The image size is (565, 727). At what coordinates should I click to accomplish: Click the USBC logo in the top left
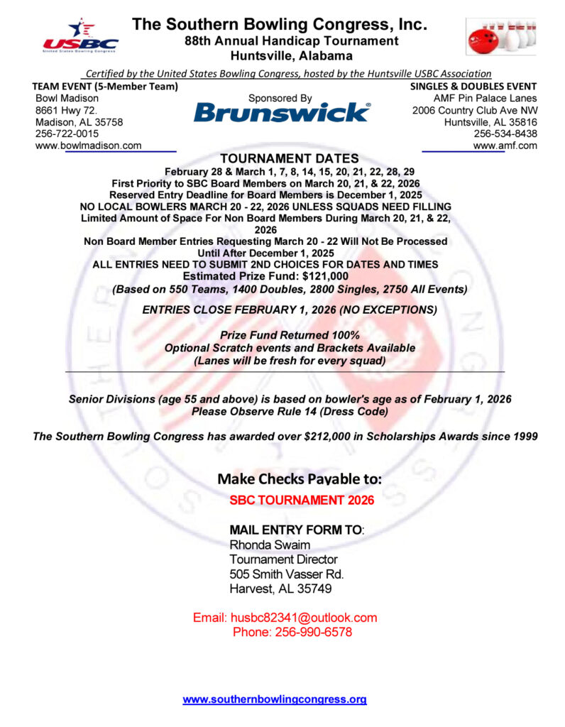[80, 36]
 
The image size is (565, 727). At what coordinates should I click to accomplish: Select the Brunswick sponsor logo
[281, 112]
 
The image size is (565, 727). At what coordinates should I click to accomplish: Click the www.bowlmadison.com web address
[88, 146]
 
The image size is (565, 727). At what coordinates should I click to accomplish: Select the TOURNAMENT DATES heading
[290, 159]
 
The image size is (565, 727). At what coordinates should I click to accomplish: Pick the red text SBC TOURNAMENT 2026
[302, 500]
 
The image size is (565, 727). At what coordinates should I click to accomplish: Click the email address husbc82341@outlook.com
[304, 618]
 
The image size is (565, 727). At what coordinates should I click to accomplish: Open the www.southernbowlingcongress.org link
[275, 699]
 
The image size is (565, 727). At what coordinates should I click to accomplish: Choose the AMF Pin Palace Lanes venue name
[485, 98]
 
